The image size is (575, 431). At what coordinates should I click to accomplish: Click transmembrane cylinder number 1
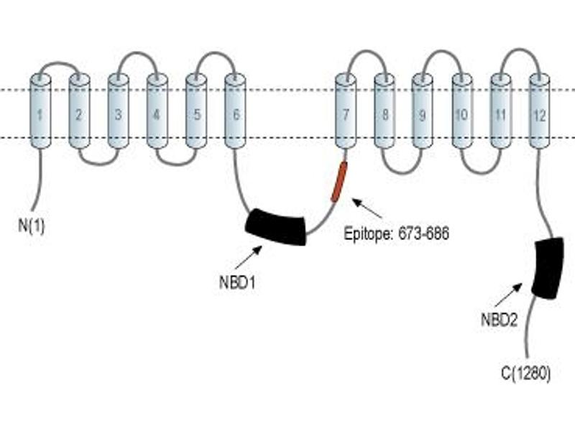pyautogui.click(x=40, y=111)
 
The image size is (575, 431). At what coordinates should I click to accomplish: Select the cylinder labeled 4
pyautogui.click(x=157, y=111)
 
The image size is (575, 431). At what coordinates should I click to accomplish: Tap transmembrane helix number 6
pyautogui.click(x=235, y=111)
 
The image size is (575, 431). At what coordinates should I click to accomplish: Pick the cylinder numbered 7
pyautogui.click(x=346, y=111)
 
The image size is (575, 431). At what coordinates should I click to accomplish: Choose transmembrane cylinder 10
pyautogui.click(x=462, y=111)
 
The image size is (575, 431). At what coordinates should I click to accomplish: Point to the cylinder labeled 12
pyautogui.click(x=540, y=111)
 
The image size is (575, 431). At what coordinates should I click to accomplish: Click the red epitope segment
pyautogui.click(x=339, y=182)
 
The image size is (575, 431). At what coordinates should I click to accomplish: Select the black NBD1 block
pyautogui.click(x=275, y=227)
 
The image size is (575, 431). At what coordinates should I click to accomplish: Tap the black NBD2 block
pyautogui.click(x=548, y=268)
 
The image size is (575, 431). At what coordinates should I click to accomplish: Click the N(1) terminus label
pyautogui.click(x=32, y=226)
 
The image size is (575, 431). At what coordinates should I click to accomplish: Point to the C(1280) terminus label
pyautogui.click(x=526, y=374)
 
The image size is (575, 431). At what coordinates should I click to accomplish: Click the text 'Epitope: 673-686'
pyautogui.click(x=397, y=233)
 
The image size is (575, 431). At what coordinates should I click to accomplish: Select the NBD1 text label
pyautogui.click(x=237, y=283)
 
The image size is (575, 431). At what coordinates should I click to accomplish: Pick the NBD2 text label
pyautogui.click(x=499, y=320)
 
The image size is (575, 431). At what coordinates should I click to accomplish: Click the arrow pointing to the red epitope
pyautogui.click(x=367, y=208)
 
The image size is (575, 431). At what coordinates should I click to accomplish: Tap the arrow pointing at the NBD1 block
pyautogui.click(x=249, y=258)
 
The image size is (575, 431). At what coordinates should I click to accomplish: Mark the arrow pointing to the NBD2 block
pyautogui.click(x=509, y=295)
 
